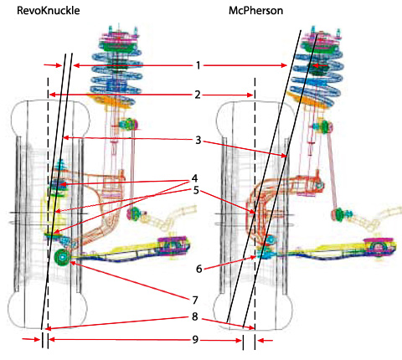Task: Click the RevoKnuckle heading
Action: pos(49,11)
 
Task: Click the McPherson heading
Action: pos(255,11)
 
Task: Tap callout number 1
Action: pos(198,65)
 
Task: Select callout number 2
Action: pos(198,95)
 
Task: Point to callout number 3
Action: pos(198,140)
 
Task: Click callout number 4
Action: pos(194,178)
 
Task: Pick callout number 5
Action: pos(196,190)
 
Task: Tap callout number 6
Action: pos(198,269)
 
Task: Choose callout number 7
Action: pos(195,301)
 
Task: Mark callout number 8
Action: pos(194,316)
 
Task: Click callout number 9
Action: pos(195,340)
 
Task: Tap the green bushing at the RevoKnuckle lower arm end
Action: pos(62,257)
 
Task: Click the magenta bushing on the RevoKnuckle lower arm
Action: pos(173,245)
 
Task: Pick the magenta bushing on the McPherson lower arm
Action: pos(379,247)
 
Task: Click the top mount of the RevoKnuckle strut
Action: pos(120,39)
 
